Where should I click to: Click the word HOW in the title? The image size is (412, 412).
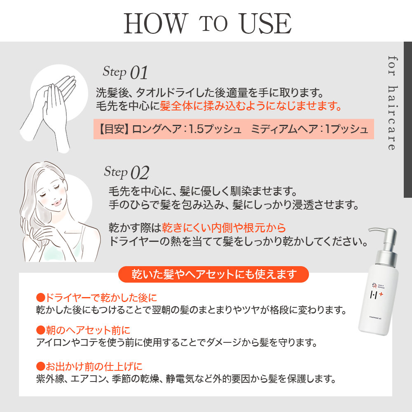pos(155,23)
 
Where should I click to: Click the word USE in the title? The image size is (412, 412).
pos(266,23)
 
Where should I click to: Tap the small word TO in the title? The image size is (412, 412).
pos(214,24)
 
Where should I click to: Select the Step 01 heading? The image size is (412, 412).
pos(125,73)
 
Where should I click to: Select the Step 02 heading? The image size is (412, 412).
pos(126,172)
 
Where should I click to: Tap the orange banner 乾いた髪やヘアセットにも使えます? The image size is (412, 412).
pos(213,274)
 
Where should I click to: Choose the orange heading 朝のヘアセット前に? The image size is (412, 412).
pos(83,330)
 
